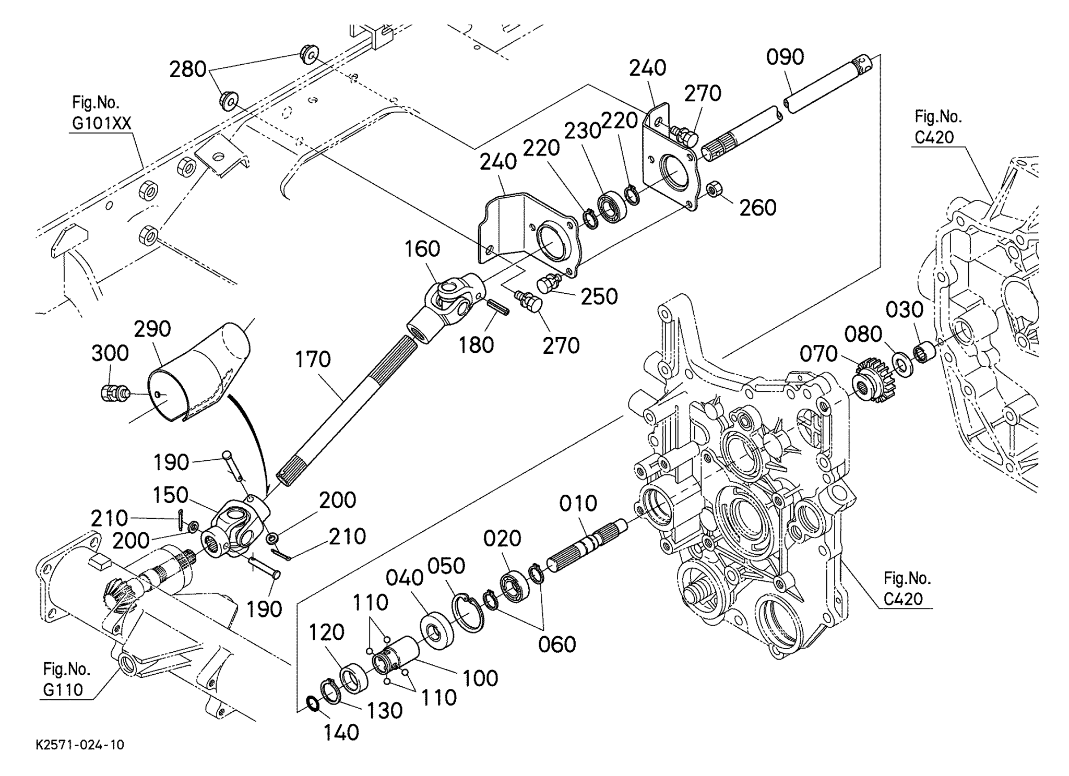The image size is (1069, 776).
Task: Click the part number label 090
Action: point(785,58)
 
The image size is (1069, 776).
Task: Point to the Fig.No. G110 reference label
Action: point(66,679)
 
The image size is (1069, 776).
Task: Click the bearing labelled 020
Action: point(515,584)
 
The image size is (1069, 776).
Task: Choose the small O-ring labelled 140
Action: point(313,704)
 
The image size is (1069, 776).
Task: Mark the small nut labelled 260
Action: point(713,188)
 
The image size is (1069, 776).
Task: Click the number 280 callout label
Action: point(188,69)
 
